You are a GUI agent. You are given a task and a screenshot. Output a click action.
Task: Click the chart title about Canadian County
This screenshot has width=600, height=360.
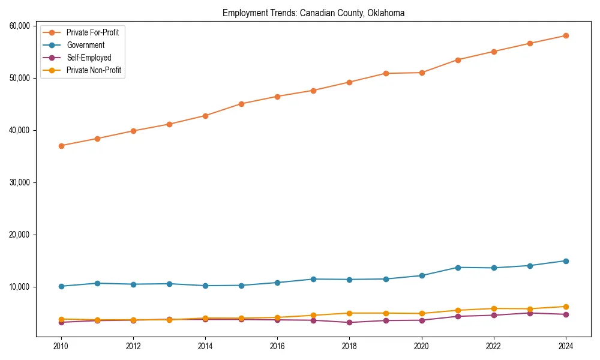pyautogui.click(x=313, y=13)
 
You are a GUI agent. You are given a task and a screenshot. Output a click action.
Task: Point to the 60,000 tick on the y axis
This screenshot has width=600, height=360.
pyautogui.click(x=21, y=26)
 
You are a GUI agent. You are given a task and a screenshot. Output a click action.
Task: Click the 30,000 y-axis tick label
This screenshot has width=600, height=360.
pyautogui.click(x=21, y=182)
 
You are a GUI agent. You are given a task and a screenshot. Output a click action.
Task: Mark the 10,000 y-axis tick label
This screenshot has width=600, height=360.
pyautogui.click(x=21, y=287)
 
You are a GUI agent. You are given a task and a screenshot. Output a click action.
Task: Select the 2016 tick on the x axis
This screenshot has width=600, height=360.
pyautogui.click(x=277, y=346)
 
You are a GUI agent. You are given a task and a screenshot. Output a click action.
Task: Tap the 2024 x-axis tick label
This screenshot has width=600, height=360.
pyautogui.click(x=565, y=346)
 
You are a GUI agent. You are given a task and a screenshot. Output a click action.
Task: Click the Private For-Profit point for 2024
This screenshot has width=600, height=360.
pyautogui.click(x=565, y=36)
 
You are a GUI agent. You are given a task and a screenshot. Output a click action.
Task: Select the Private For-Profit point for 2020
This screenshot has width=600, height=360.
pyautogui.click(x=422, y=73)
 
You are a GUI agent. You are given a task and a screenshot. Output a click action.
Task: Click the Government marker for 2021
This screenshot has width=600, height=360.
pyautogui.click(x=458, y=268)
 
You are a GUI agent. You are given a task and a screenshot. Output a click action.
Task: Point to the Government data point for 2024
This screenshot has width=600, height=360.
pyautogui.click(x=565, y=261)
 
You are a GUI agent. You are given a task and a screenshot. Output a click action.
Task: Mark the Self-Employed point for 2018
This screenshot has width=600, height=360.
pyautogui.click(x=349, y=323)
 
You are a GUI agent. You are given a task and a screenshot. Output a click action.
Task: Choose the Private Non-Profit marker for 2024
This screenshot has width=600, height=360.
pyautogui.click(x=565, y=307)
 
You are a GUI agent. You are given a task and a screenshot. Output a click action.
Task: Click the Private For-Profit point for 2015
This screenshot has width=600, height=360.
pyautogui.click(x=241, y=104)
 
